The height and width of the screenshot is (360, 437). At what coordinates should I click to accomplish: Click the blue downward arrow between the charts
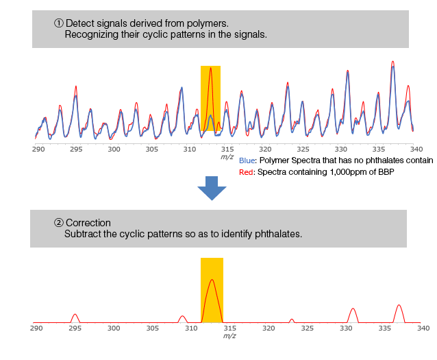(216, 187)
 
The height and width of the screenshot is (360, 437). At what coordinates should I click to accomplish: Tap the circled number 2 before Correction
(59, 223)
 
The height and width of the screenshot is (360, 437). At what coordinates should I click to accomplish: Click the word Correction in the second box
(88, 223)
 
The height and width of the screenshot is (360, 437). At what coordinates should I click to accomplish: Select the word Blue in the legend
(247, 160)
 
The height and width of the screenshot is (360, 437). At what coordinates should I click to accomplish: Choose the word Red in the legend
(246, 172)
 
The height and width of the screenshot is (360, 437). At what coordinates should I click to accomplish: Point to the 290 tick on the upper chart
(38, 149)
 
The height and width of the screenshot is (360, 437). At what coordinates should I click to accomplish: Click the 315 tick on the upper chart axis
(227, 149)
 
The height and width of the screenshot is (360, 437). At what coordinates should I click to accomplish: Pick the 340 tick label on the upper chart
(416, 149)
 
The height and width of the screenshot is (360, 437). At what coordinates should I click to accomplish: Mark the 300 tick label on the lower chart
(114, 328)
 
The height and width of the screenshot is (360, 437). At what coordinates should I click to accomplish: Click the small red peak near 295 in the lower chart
(75, 315)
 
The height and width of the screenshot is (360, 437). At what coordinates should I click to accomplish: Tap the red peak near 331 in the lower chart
(353, 310)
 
